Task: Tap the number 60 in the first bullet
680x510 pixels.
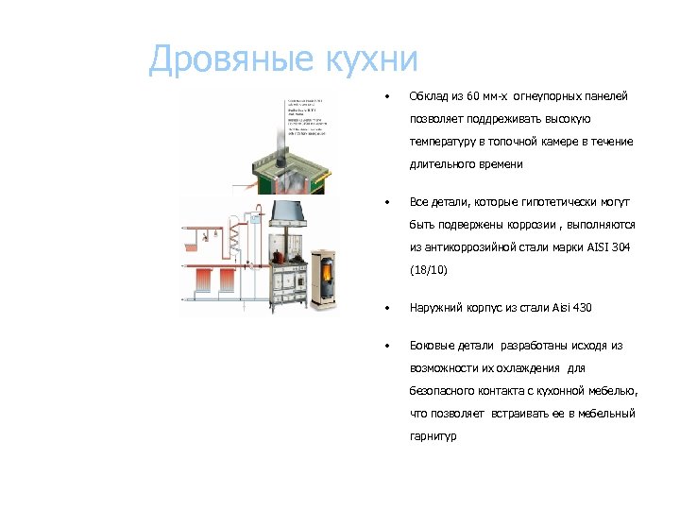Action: coord(474,96)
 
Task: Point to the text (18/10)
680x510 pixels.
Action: coord(429,270)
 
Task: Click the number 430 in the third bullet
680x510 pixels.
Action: coord(582,308)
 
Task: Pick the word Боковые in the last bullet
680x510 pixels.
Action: coord(433,346)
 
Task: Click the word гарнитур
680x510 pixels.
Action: coord(433,436)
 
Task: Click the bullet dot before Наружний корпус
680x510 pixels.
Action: coord(384,308)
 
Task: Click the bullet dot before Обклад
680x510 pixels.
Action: coord(384,96)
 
